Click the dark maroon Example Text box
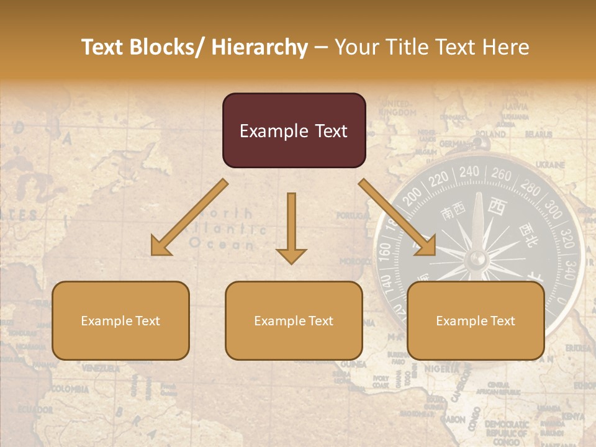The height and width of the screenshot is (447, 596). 294,131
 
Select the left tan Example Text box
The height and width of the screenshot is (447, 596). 120,321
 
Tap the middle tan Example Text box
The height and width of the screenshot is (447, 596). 294,321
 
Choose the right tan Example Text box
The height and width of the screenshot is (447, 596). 476,321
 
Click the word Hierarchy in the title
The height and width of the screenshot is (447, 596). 260,47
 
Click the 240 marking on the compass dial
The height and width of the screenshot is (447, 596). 469,171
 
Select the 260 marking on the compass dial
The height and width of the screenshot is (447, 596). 501,175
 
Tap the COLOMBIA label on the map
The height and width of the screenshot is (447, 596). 70,389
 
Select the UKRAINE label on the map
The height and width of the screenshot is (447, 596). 550,165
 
